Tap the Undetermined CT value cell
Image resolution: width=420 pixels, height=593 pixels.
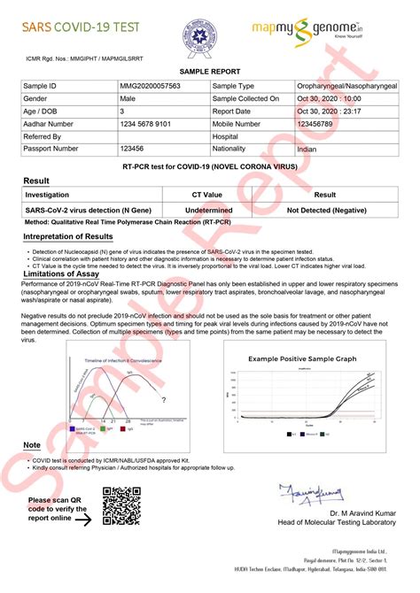pyautogui.click(x=207, y=210)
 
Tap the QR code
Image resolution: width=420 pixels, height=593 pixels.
pyautogui.click(x=121, y=509)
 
